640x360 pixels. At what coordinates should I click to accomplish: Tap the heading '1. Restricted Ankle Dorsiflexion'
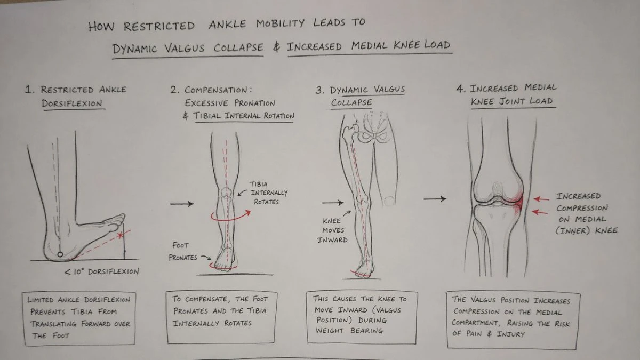[75, 96]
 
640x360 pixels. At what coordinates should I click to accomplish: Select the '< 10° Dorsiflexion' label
[101, 271]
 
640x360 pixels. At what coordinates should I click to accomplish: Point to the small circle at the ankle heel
[60, 252]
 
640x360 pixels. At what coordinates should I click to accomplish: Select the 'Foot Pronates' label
[183, 252]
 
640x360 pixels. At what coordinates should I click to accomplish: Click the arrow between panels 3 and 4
[435, 199]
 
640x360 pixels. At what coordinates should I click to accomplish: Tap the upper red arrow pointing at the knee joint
[542, 198]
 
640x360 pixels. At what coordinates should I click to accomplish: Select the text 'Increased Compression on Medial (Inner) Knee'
[586, 213]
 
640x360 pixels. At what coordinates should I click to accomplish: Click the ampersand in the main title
[276, 47]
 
